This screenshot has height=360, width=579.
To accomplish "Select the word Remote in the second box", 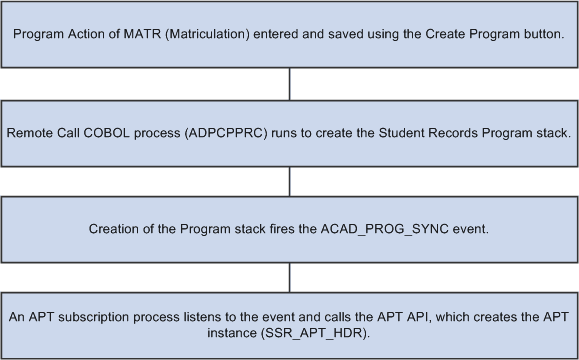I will (29, 133).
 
